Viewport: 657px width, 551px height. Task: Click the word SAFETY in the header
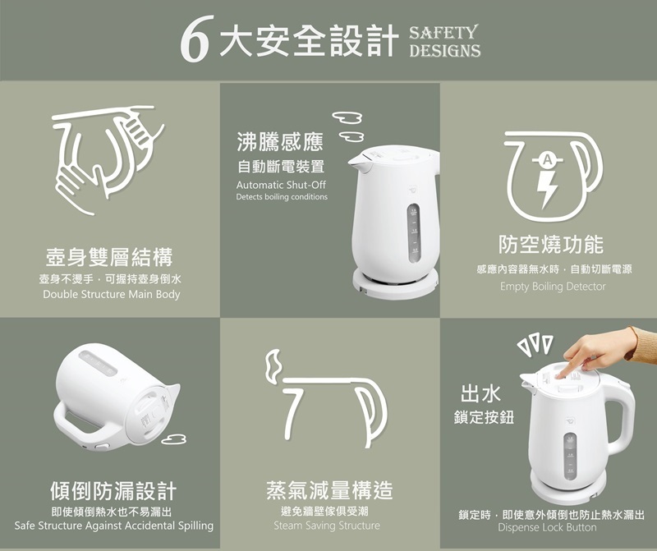[443, 33]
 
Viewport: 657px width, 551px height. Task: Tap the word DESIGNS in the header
[444, 51]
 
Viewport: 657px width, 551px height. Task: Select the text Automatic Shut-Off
[281, 185]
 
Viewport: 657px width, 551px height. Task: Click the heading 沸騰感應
[280, 141]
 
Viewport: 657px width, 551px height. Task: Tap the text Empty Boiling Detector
[553, 287]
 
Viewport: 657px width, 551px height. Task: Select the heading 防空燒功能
[551, 244]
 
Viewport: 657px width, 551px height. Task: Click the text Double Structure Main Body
[112, 294]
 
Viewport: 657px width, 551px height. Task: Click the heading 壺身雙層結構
[109, 257]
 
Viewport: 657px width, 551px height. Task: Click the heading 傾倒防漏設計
[113, 491]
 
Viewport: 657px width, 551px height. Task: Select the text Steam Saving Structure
[327, 526]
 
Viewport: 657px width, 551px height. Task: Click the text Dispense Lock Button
[547, 527]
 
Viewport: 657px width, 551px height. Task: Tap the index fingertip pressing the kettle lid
[561, 375]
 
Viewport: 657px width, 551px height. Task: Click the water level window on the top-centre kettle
[414, 233]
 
